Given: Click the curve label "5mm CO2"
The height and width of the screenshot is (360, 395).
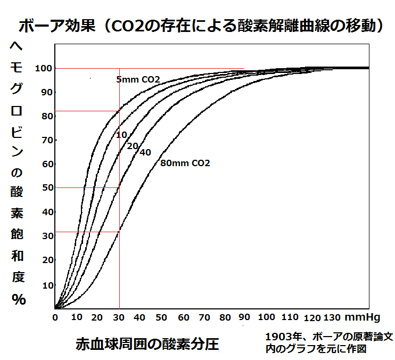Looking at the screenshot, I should [x=138, y=80].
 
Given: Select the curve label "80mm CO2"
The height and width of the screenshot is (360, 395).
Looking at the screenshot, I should [x=185, y=163].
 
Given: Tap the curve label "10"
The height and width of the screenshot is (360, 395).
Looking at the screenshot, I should [x=122, y=135].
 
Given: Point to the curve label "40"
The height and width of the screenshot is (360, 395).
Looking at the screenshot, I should [x=145, y=152].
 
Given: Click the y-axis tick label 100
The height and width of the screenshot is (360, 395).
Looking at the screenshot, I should [x=43, y=68].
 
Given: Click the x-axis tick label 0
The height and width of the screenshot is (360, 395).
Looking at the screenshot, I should [x=55, y=318].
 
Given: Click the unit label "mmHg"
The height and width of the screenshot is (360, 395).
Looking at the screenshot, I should [x=362, y=318].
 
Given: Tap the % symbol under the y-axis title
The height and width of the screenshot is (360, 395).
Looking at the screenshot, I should [x=19, y=300].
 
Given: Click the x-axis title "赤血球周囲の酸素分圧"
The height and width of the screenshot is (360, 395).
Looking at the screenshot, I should [x=147, y=343].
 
